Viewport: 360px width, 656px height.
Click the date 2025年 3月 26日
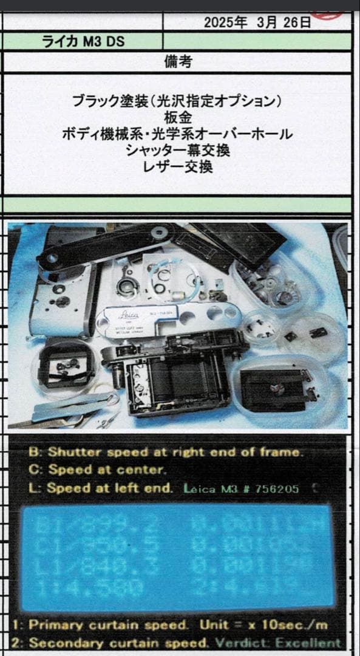[x=257, y=23]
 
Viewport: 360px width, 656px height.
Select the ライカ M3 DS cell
[x=83, y=42]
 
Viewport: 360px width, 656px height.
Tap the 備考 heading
[x=177, y=61]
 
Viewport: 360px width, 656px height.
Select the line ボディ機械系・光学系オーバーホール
[x=177, y=134]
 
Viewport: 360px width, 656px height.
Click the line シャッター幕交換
[x=177, y=151]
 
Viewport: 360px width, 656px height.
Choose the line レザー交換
[x=177, y=167]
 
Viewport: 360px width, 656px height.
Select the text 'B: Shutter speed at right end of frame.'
[x=164, y=452]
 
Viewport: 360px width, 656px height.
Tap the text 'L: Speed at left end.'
[x=101, y=488]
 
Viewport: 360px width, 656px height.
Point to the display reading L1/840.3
[x=88, y=567]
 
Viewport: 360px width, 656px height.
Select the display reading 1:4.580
[x=85, y=588]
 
